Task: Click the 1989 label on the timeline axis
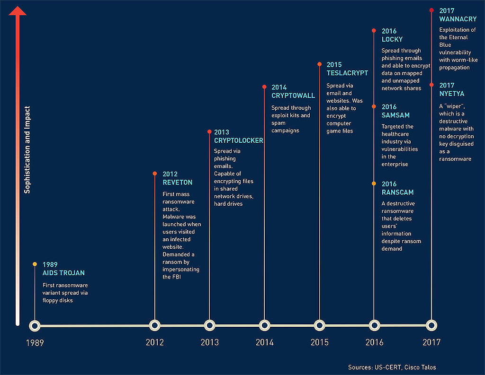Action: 35,342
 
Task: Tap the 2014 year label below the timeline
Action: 264,342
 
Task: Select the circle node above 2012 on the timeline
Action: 154,325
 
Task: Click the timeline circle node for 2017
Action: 431,325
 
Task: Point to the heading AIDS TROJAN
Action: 63,273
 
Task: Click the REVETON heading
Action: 178,182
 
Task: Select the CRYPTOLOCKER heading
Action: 238,140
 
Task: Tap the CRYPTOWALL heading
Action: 293,96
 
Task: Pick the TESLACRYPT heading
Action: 347,73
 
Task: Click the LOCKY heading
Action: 392,39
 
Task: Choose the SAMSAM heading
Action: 395,115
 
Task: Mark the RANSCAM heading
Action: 397,192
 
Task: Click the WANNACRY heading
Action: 458,19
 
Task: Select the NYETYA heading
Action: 452,93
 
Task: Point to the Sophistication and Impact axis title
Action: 27,149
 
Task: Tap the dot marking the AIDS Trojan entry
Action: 35,264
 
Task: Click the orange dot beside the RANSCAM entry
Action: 374,183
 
